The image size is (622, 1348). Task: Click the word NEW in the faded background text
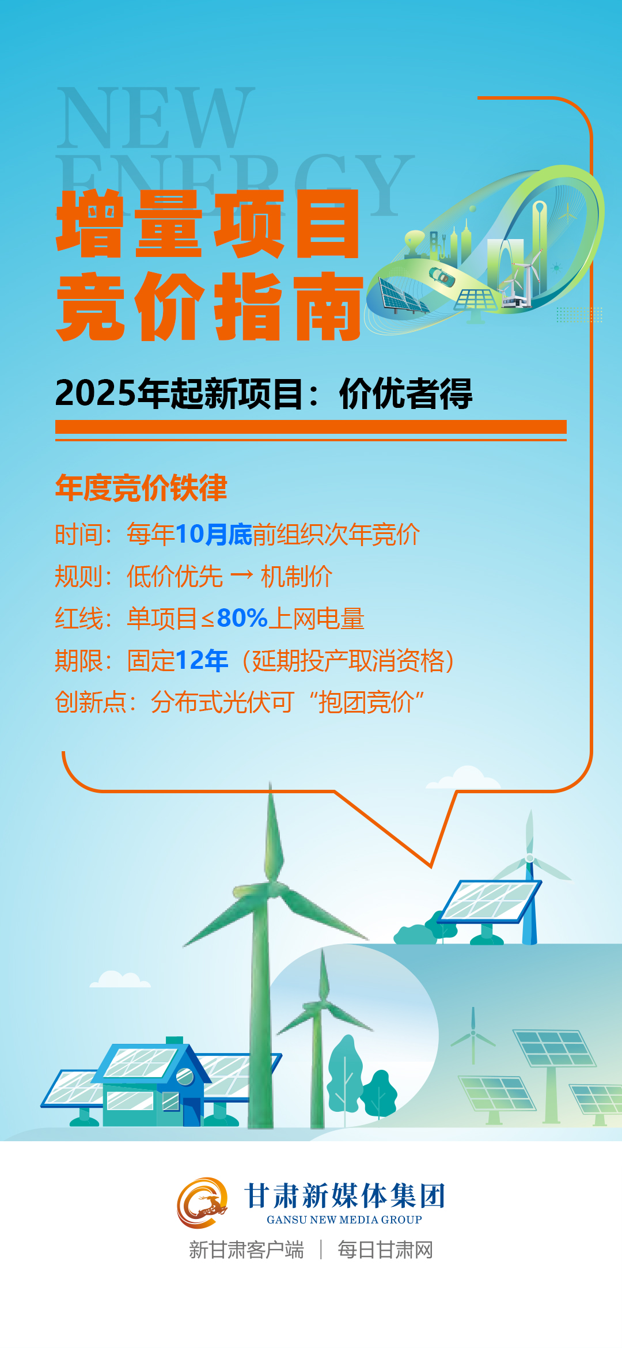point(156,118)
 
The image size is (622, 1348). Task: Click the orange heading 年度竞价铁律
point(141,487)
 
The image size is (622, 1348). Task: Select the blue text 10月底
point(214,534)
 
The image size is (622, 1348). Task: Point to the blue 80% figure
point(242,618)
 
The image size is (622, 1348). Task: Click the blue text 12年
point(202,660)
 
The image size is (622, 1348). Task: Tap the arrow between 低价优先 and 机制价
point(241,575)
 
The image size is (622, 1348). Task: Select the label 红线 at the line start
point(79,618)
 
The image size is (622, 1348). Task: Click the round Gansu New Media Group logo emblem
point(202,1203)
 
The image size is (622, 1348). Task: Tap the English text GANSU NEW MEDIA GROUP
point(344,1220)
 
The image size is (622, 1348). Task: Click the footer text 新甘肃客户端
point(246,1250)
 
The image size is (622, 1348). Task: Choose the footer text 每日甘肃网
point(385,1250)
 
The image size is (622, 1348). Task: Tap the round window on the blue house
point(185,1076)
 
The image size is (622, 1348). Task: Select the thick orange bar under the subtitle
point(311,427)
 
